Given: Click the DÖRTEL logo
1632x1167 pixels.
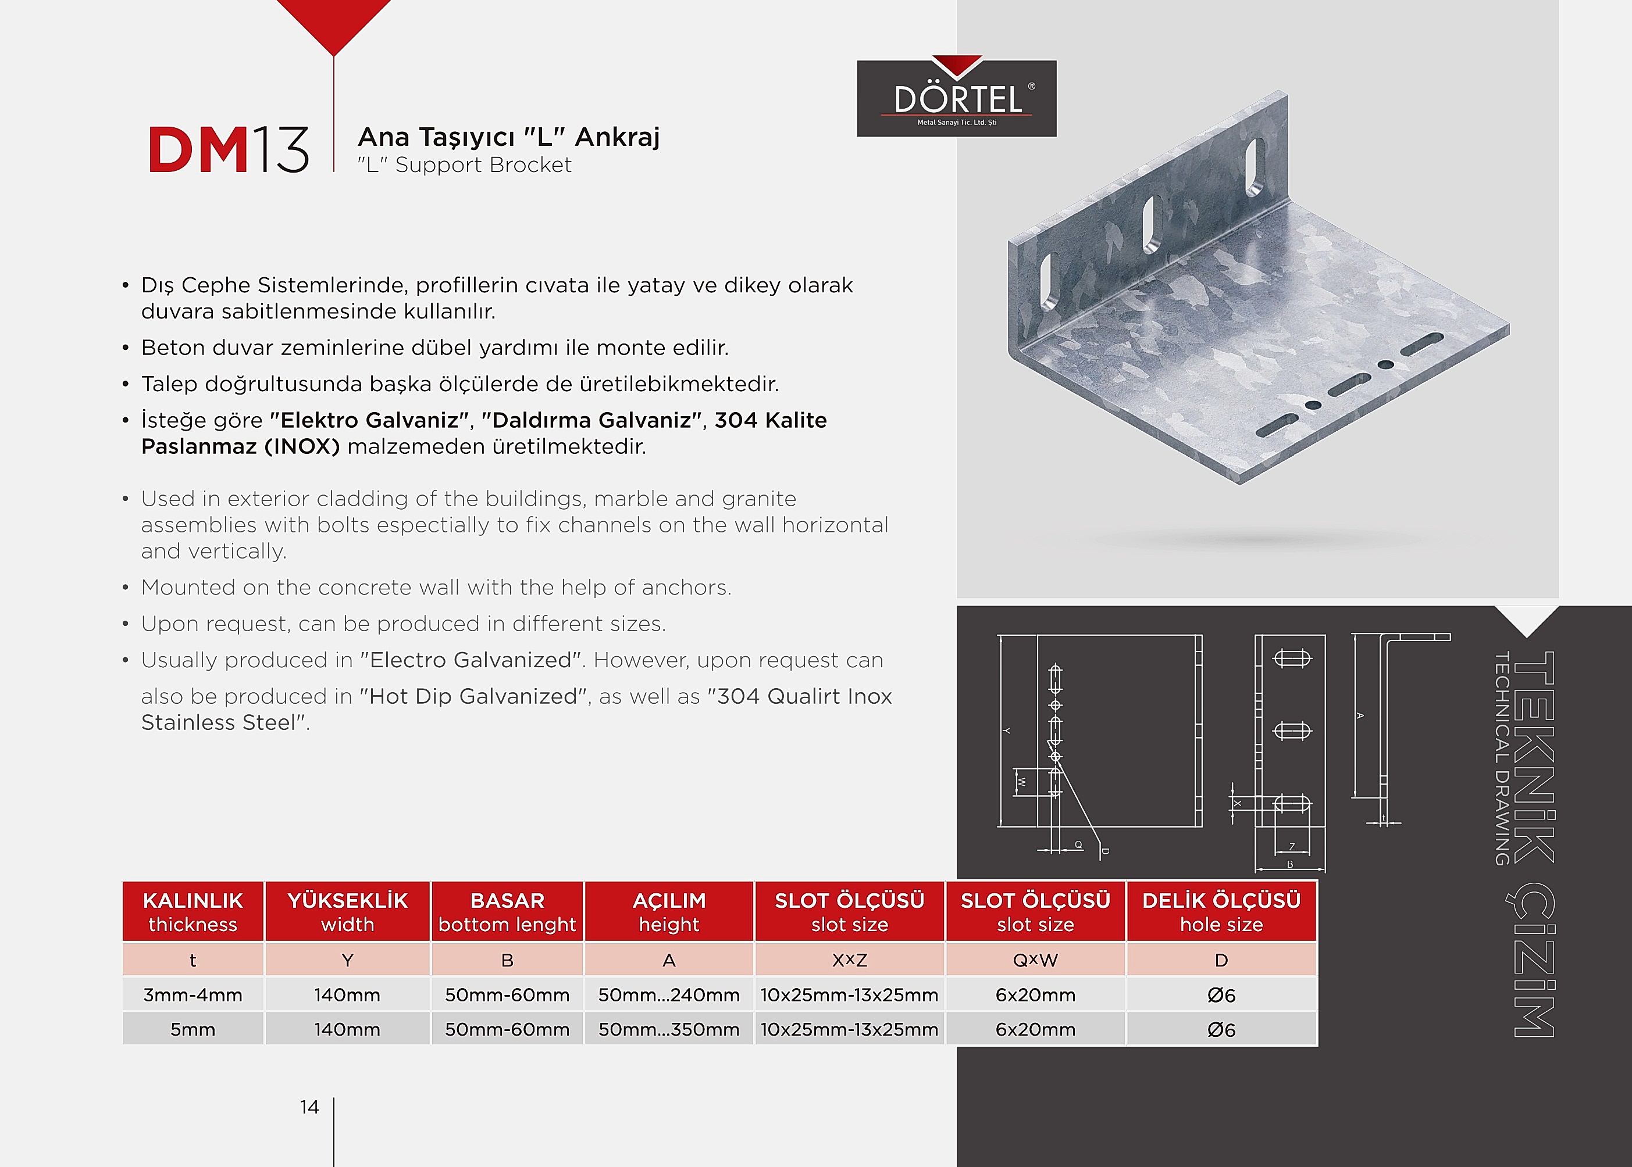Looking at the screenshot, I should coord(956,98).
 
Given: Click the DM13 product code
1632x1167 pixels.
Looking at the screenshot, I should coord(228,149).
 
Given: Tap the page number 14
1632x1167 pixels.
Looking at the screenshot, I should coord(309,1107).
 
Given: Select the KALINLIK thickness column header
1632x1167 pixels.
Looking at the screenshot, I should coord(193,911).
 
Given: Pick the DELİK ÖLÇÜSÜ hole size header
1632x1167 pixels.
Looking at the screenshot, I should coord(1221,911).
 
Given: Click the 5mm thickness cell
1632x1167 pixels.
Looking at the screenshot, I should coord(193,1029).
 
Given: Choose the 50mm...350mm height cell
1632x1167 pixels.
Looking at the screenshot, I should coord(669,1029).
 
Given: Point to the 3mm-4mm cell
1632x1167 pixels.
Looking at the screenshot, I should coord(193,994).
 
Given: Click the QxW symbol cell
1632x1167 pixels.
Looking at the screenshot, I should coord(1035,960).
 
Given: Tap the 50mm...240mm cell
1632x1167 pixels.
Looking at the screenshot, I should coord(669,994).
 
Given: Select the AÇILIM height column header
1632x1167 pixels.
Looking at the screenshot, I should coord(669,911).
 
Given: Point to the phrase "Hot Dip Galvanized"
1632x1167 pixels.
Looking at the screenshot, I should coord(473,696).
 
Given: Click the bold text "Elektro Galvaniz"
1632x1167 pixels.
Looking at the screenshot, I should coord(369,420).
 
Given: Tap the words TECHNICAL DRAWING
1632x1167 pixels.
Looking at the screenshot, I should coord(1501,758).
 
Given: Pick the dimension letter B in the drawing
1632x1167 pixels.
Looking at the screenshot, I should coord(1290,864).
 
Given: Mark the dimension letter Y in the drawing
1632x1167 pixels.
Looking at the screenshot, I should coord(1007,731).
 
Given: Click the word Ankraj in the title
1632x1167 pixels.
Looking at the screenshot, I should coord(617,137).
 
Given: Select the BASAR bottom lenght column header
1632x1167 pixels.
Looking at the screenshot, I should coord(507,911).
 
